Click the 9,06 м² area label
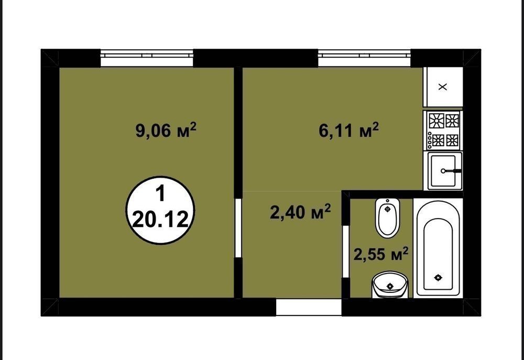click(166, 129)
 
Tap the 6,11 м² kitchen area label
click(349, 129)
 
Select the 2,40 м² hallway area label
click(300, 212)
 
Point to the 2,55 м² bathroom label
click(381, 255)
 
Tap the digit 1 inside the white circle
click(161, 194)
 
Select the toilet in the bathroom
click(387, 218)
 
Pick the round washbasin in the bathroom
click(390, 284)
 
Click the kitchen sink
click(443, 171)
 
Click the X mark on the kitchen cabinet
click(442, 87)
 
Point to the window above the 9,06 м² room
click(147, 58)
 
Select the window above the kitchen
click(364, 58)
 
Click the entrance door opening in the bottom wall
click(309, 307)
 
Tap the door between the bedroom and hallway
click(238, 228)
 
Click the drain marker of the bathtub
click(438, 277)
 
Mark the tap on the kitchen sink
click(451, 171)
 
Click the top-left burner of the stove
click(436, 121)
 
